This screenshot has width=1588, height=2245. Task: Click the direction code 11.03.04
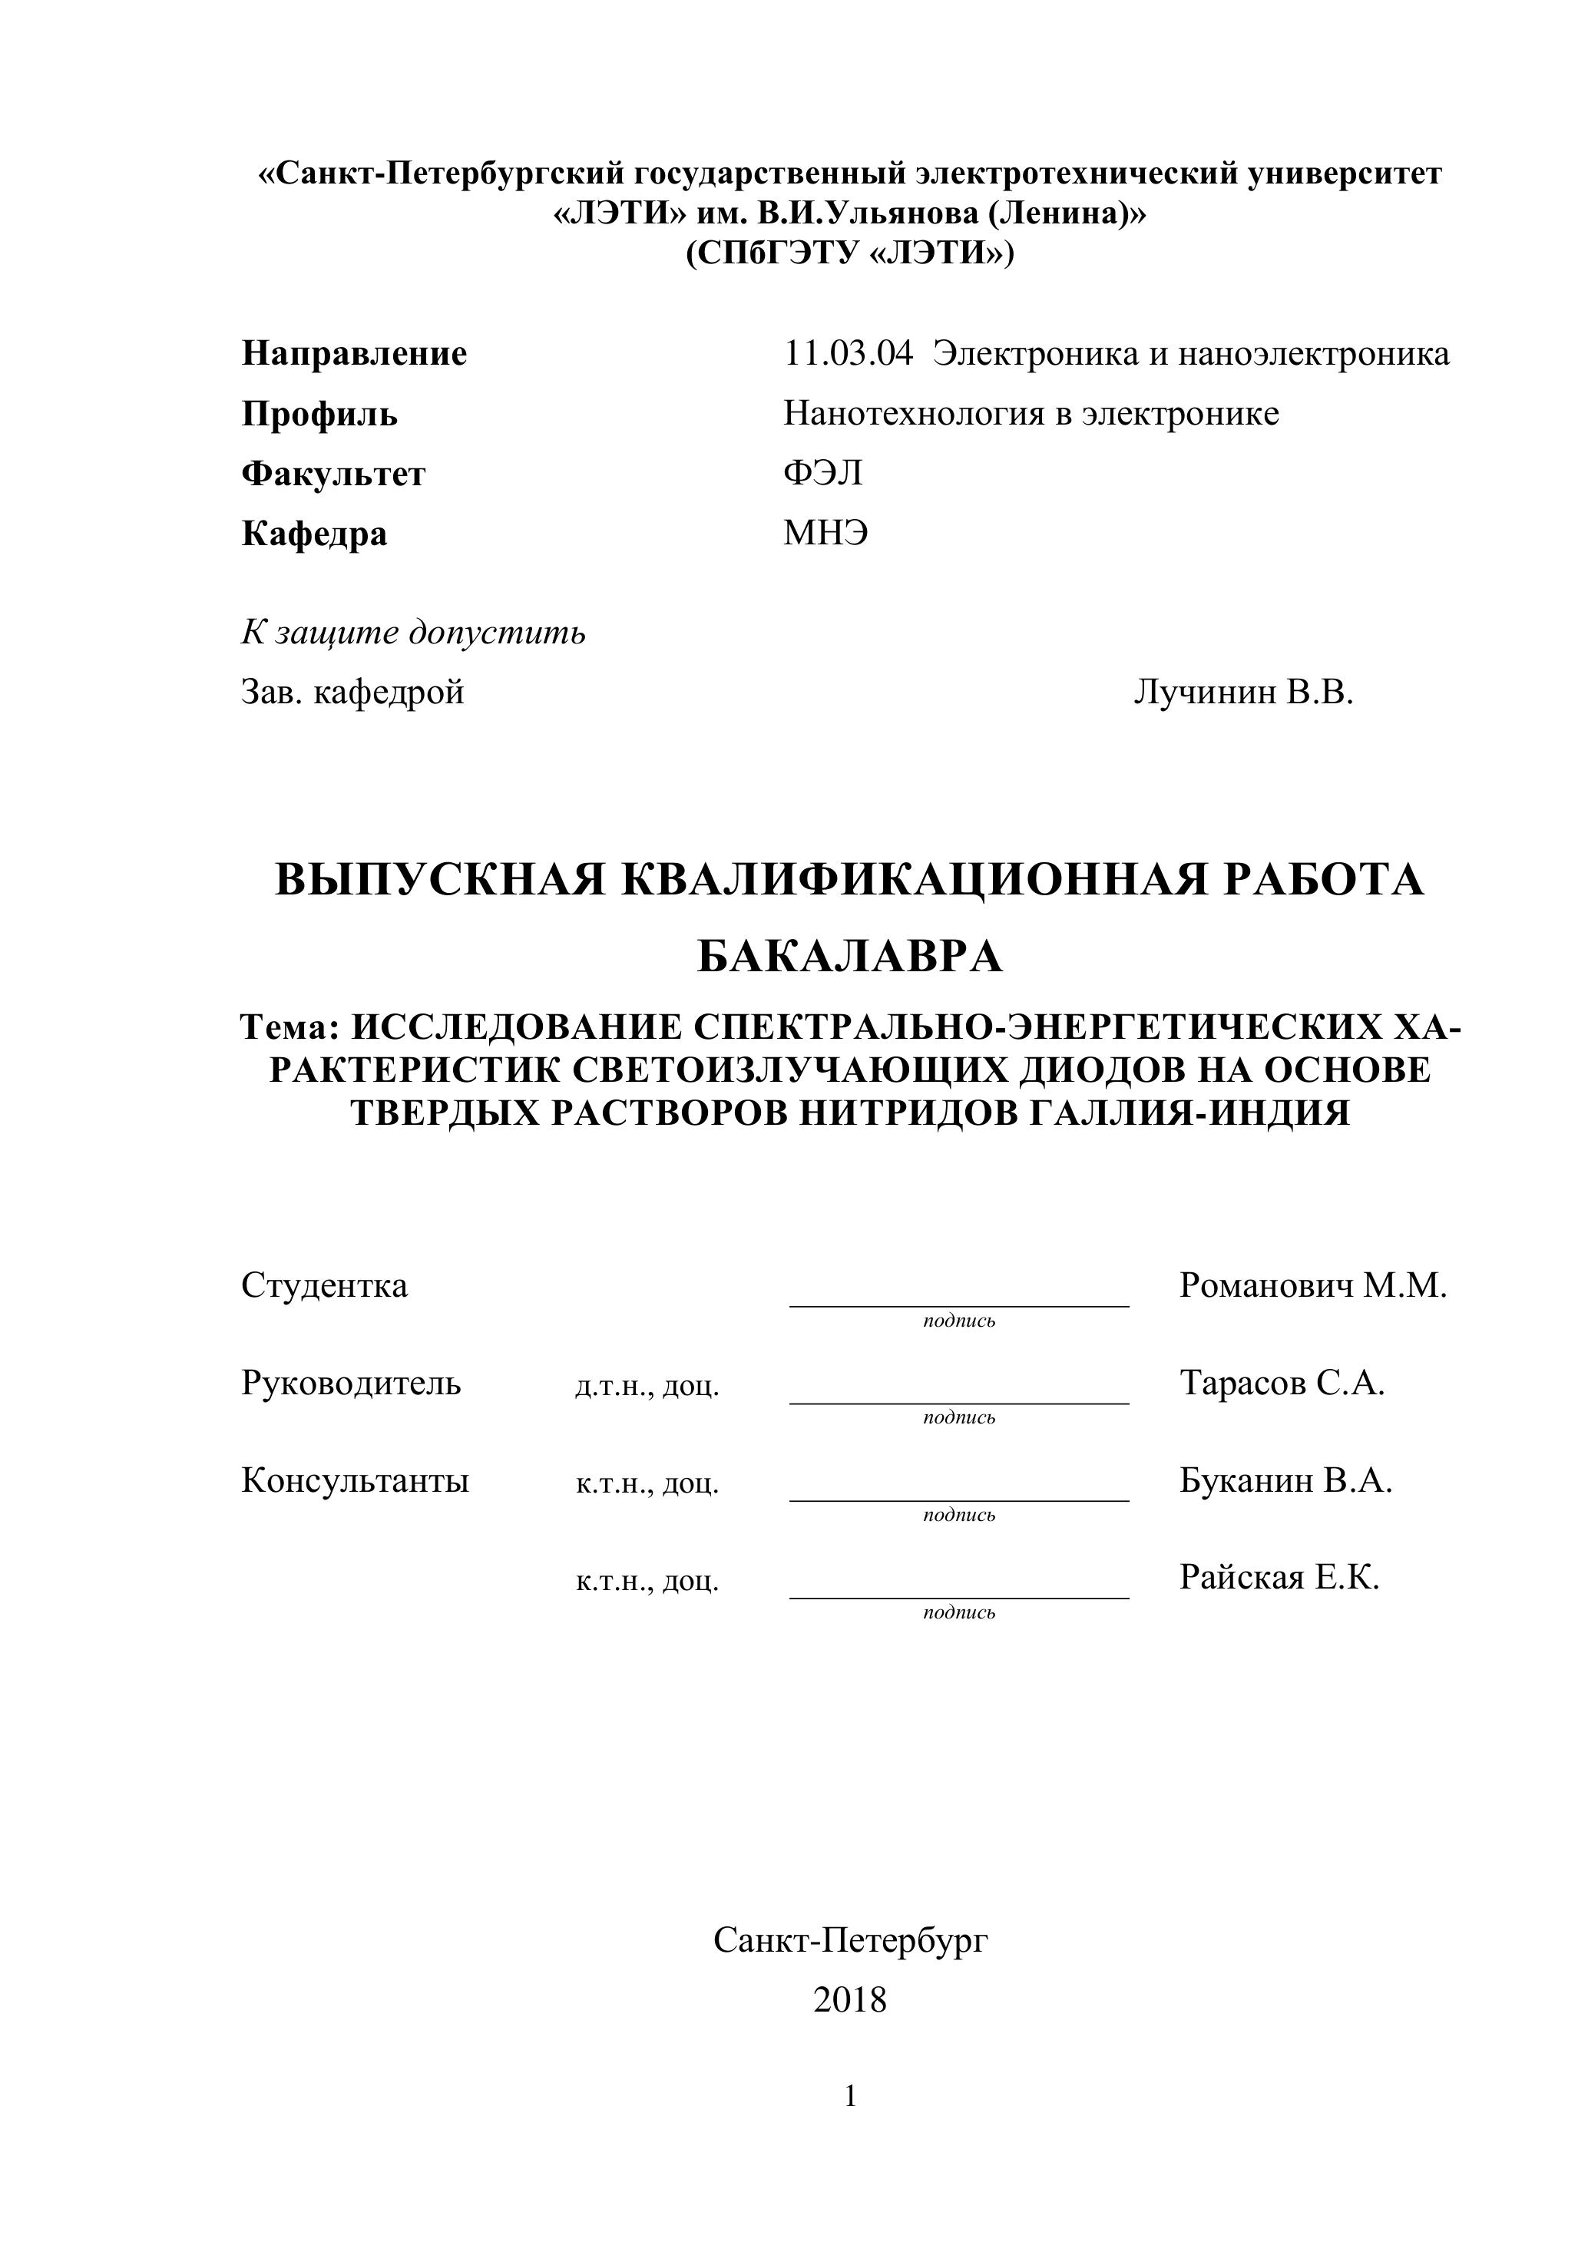[x=848, y=354]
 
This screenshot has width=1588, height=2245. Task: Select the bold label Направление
[x=354, y=354]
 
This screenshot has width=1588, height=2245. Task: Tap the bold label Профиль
[x=319, y=415]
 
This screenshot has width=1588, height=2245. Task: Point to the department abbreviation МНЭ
[x=825, y=534]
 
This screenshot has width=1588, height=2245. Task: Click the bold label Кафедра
[x=314, y=534]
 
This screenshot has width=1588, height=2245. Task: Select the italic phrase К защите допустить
[x=412, y=633]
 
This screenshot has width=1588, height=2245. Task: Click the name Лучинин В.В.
[x=1242, y=693]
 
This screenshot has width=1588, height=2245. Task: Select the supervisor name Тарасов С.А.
[x=1281, y=1384]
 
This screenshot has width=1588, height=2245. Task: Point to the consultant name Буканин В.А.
[x=1285, y=1481]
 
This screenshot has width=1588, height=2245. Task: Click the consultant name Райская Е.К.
[x=1278, y=1577]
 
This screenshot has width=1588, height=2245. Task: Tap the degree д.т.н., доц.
[x=647, y=1387]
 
